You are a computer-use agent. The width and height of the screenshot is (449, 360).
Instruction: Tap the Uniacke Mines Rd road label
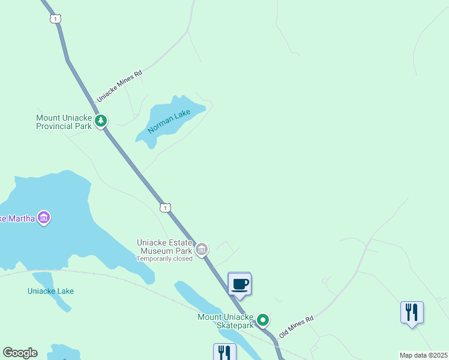[x=119, y=86]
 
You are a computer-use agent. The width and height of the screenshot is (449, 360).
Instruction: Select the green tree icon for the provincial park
[x=101, y=121]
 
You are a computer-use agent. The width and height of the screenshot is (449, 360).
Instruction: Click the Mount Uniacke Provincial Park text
[x=64, y=122]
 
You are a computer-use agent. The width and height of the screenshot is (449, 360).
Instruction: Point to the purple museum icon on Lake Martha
[x=43, y=217]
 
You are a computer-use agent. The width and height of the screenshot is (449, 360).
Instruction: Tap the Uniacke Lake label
[x=50, y=292]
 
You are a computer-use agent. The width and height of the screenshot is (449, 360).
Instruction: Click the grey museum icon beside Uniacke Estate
[x=202, y=248]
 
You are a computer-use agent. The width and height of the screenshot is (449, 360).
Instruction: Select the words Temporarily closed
[x=164, y=259]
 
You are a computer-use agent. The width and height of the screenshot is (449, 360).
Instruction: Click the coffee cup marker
[x=240, y=284]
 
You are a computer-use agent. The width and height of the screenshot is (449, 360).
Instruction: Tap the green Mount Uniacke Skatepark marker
[x=262, y=320]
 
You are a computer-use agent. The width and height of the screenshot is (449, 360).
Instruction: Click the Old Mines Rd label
[x=297, y=326]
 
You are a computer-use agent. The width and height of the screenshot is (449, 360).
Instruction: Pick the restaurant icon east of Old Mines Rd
[x=412, y=312]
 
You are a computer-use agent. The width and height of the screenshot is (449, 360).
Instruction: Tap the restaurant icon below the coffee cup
[x=224, y=352]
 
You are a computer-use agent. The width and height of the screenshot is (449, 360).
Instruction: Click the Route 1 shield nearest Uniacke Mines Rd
[x=56, y=19]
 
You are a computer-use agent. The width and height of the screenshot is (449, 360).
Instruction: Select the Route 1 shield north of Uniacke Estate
[x=166, y=208]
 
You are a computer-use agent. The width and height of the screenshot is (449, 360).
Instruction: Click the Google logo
[x=20, y=353]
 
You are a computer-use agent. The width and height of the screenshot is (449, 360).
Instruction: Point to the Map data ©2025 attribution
[x=423, y=355]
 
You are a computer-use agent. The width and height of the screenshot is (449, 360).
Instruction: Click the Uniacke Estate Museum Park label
[x=165, y=247]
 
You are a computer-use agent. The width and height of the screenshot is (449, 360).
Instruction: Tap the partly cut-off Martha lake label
[x=17, y=218]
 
